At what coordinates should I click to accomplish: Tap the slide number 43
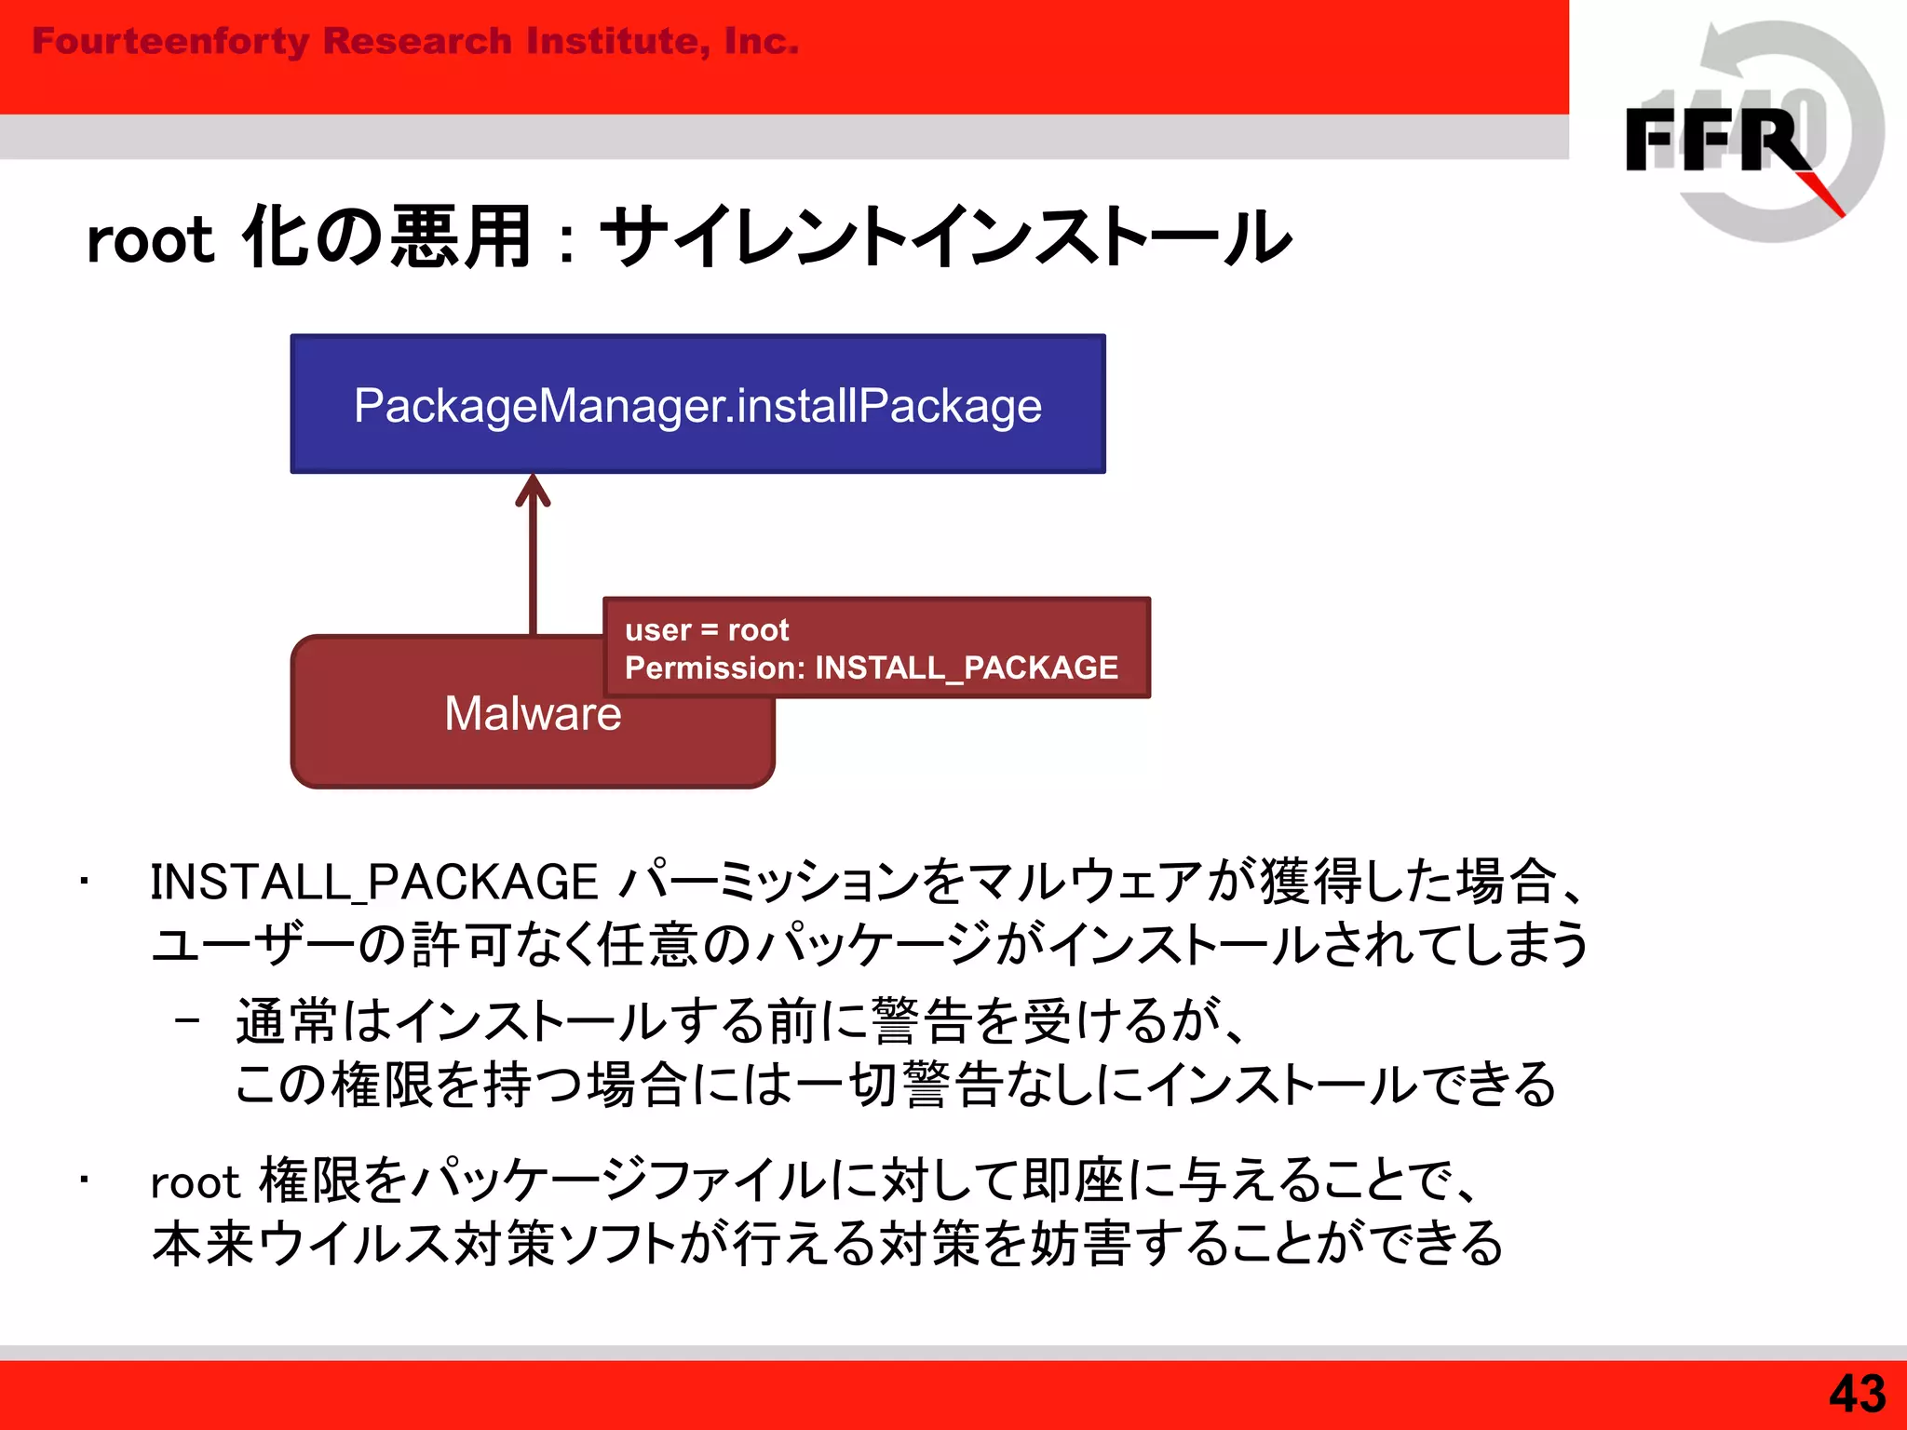[1857, 1394]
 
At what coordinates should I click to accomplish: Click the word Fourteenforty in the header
[170, 42]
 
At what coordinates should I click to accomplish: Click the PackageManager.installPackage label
[697, 406]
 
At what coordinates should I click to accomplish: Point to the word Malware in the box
[533, 714]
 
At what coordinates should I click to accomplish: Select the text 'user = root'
[707, 630]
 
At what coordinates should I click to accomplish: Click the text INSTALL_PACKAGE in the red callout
[966, 668]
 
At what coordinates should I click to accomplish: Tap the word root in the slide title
[150, 240]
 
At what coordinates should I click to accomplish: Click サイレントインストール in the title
[946, 237]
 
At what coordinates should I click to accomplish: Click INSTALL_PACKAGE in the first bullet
[373, 882]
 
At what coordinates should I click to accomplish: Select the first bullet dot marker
[84, 881]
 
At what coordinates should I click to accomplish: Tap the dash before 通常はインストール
[187, 1020]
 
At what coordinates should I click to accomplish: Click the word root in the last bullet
[196, 1183]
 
